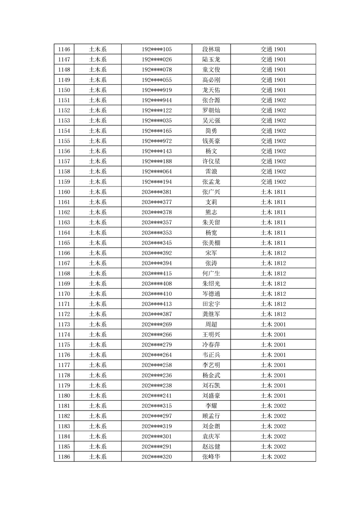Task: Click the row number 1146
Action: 64,49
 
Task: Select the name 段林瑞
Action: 211,49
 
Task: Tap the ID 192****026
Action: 157,59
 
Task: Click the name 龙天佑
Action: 211,90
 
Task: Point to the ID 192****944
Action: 157,100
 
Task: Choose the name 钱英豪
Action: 211,141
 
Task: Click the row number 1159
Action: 64,182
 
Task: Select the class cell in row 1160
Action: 273,192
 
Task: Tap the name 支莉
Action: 211,202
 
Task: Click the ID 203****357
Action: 157,222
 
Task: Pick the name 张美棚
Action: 211,243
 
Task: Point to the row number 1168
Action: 64,274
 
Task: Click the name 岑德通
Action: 211,294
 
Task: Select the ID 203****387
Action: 157,314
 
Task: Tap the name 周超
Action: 211,324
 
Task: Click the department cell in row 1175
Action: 98,345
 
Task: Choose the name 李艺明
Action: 211,365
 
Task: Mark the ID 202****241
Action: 157,396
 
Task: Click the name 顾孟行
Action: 211,416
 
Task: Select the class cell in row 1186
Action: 273,457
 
